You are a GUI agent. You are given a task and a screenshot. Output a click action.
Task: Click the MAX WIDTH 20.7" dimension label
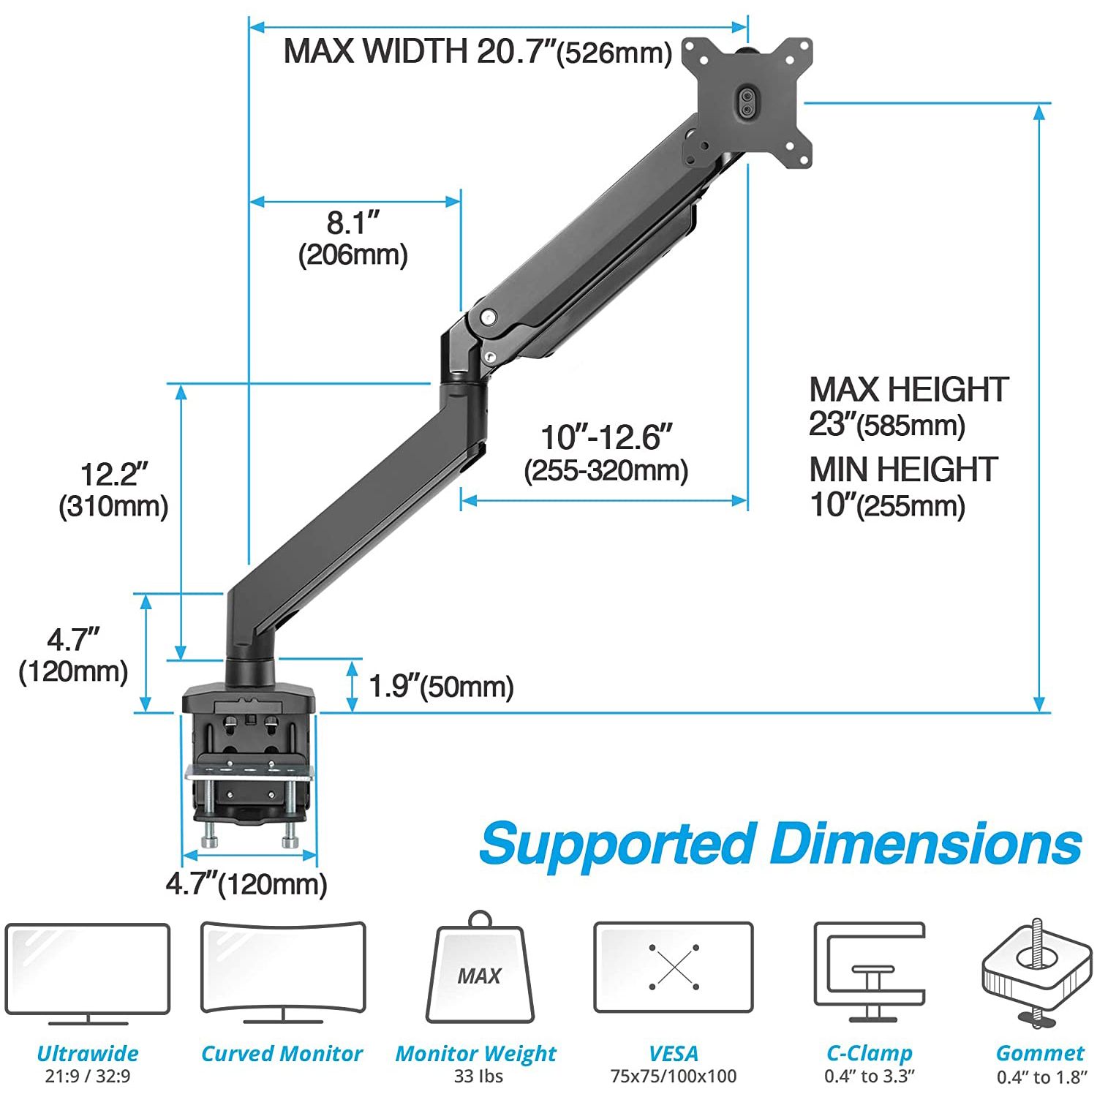pyautogui.click(x=478, y=52)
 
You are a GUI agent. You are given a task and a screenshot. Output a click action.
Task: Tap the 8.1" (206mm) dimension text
pyautogui.click(x=353, y=238)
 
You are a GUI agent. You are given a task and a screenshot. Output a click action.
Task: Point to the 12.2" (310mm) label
pyautogui.click(x=114, y=489)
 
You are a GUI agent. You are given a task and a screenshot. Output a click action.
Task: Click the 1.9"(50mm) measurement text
pyautogui.click(x=441, y=687)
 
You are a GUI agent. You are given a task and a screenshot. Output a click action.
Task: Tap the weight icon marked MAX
pyautogui.click(x=480, y=969)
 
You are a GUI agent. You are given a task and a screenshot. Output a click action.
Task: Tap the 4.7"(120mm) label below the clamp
pyautogui.click(x=246, y=884)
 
